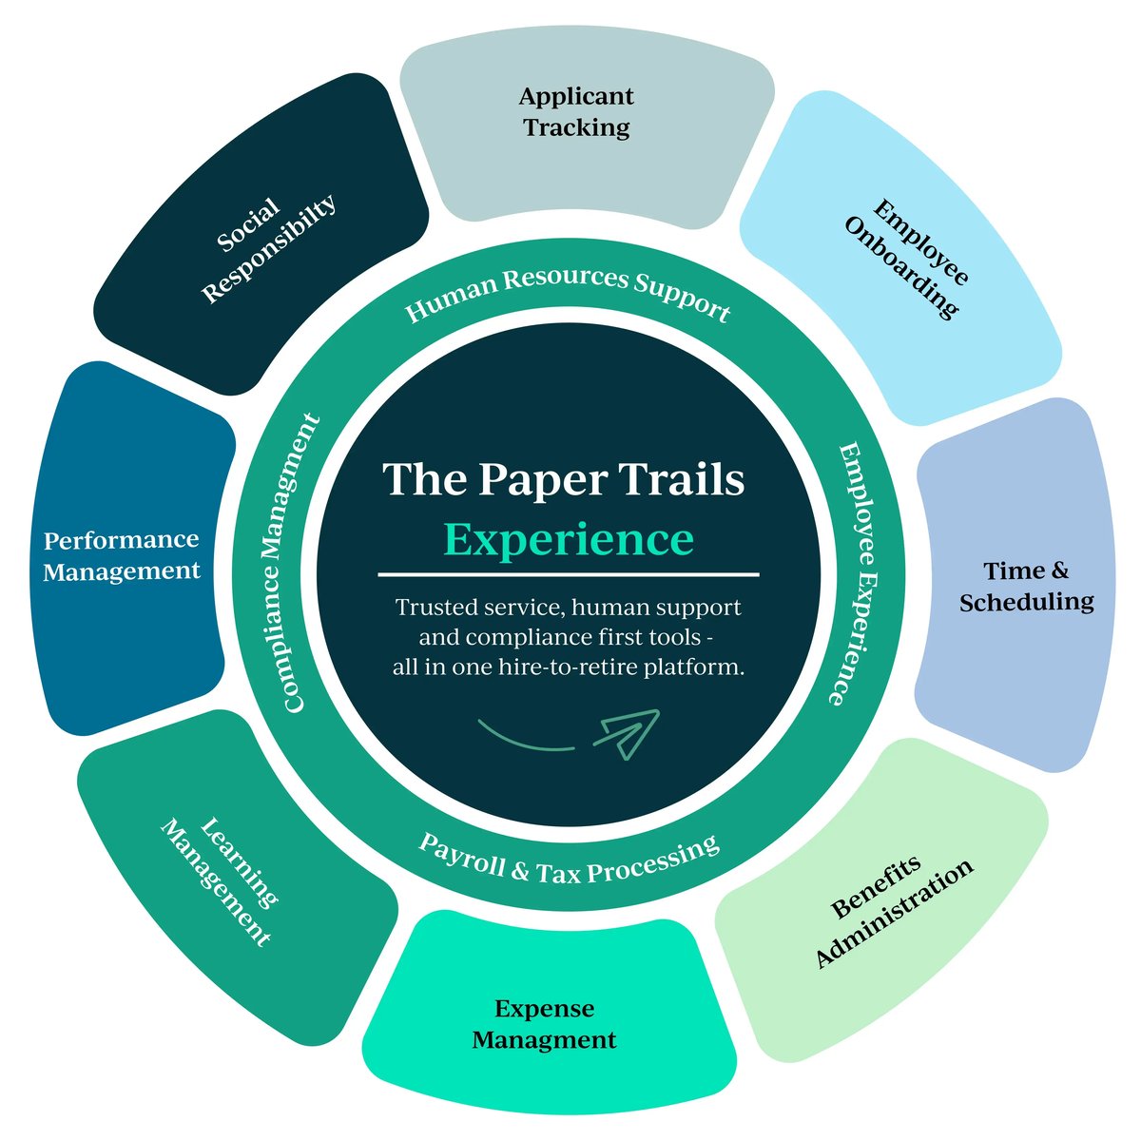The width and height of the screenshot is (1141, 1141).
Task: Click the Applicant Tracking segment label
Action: [576, 111]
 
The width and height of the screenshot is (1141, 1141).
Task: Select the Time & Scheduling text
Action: [1026, 586]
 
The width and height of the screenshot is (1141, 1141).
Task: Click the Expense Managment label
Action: [544, 1024]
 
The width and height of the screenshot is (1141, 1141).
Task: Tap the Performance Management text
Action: [122, 555]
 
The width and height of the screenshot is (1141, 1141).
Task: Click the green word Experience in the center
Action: [569, 539]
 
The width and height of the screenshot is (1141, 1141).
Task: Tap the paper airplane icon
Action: [627, 733]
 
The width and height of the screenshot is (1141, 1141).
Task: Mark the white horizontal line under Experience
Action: [569, 574]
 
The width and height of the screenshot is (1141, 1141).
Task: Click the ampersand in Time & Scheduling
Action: [1058, 570]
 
